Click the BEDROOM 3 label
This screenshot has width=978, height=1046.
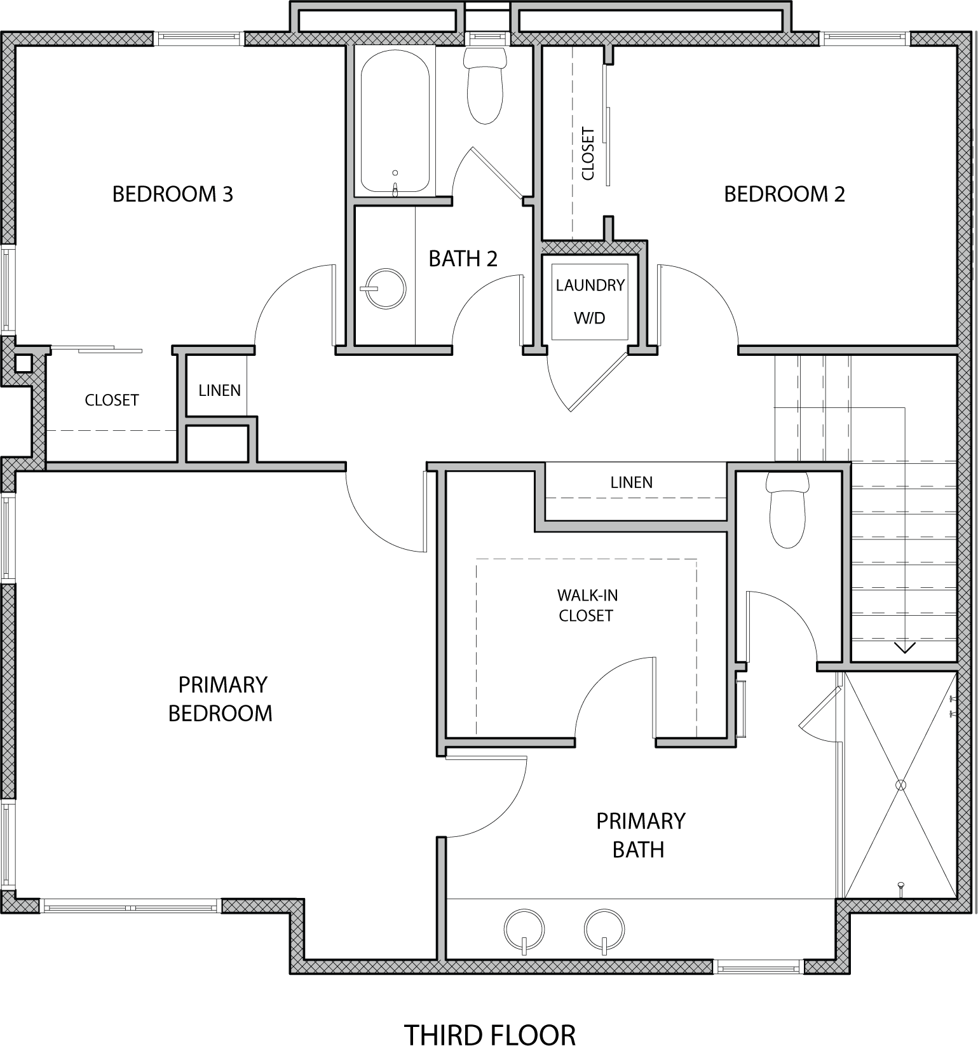[173, 194]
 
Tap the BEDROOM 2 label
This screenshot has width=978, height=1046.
[785, 194]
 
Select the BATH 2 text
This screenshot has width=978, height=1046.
[463, 259]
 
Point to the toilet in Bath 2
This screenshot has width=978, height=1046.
[486, 85]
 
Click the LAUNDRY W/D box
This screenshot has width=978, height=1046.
[590, 301]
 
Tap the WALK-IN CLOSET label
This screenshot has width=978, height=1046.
[587, 606]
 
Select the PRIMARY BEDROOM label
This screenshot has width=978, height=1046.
[221, 699]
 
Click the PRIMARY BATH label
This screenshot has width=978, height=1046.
[641, 835]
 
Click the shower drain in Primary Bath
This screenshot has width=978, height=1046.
[900, 785]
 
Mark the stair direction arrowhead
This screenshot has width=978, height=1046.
[905, 648]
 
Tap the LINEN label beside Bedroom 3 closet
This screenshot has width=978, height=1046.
[220, 390]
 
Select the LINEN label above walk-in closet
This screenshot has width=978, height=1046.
[632, 482]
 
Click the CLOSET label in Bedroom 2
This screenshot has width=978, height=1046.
[588, 154]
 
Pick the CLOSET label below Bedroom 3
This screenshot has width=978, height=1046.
[112, 400]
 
